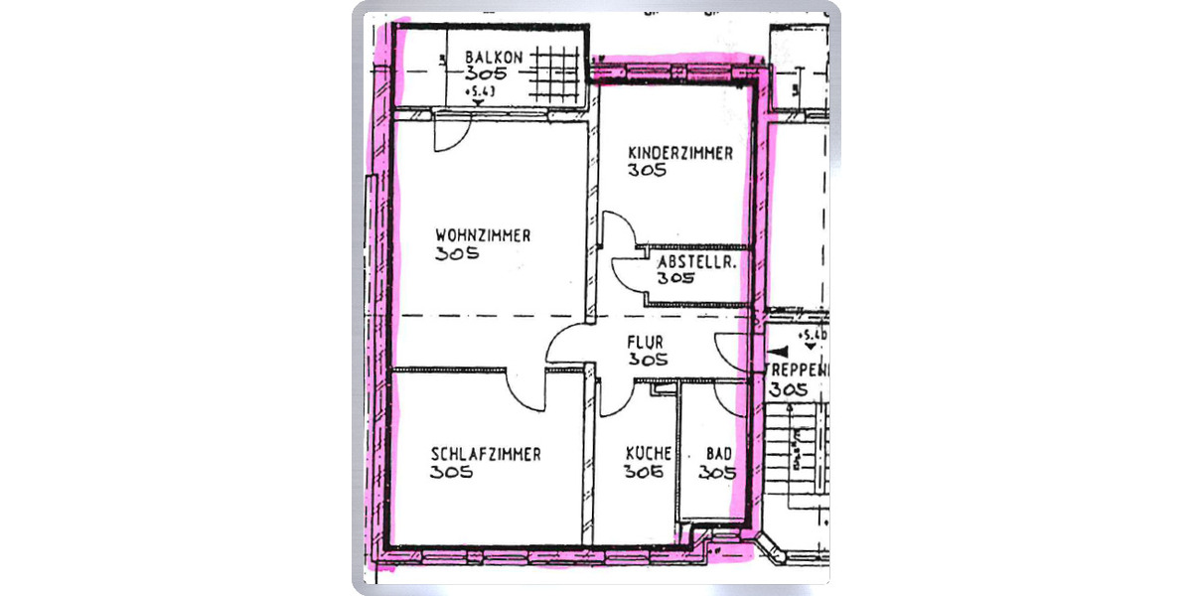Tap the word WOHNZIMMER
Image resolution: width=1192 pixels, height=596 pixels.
point(483,235)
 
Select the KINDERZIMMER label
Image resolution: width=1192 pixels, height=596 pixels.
point(680,153)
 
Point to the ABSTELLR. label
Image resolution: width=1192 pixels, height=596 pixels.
point(696,262)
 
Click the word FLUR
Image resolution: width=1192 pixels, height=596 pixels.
point(645,344)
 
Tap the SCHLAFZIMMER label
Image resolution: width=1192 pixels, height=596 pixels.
point(486,454)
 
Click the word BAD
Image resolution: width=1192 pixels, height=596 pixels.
point(718,454)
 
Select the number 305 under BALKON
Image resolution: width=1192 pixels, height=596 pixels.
point(486,74)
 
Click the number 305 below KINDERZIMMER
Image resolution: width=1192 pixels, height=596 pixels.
point(648,170)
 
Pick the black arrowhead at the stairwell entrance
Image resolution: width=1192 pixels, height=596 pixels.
point(782,352)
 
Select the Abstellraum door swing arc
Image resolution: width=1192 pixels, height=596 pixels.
point(629,272)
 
